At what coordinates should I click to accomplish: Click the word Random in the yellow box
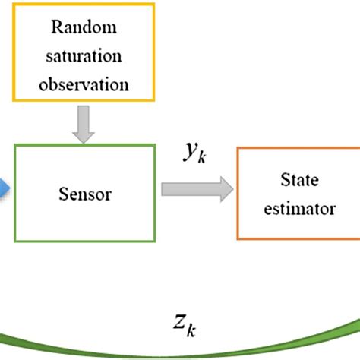tap(85, 29)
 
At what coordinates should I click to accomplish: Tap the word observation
tap(85, 84)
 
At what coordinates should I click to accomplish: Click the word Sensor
tap(85, 194)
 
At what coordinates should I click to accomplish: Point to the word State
tap(298, 179)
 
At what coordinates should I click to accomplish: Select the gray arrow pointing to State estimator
tap(195, 191)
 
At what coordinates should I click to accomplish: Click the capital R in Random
tap(56, 29)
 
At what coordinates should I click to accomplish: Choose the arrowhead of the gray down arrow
tap(82, 137)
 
